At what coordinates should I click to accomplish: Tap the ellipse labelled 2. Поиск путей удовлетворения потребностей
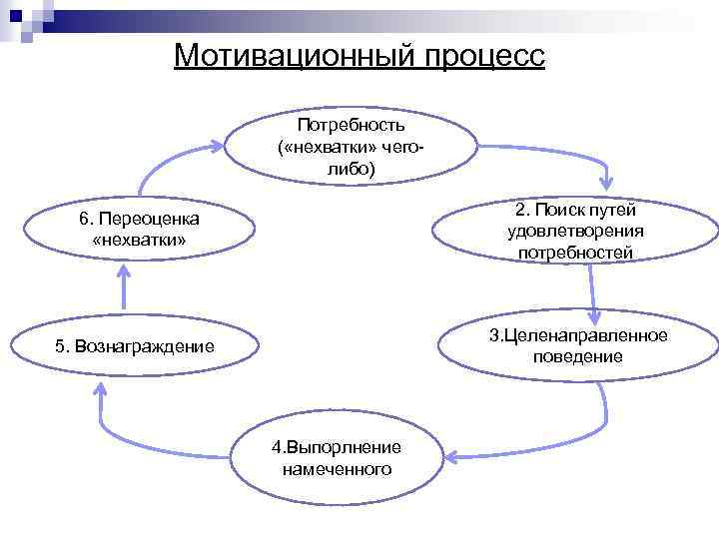click(x=575, y=232)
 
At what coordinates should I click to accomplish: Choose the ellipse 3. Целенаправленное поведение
click(x=577, y=345)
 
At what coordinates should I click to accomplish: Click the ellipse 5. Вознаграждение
click(x=135, y=346)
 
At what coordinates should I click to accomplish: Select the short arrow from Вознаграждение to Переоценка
click(x=125, y=289)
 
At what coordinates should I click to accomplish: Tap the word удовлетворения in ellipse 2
click(x=575, y=232)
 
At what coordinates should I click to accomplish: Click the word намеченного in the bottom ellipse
click(x=337, y=468)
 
